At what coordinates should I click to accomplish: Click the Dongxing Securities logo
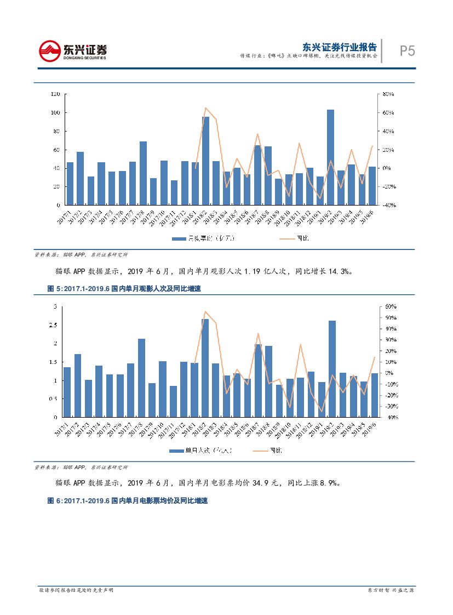point(73,51)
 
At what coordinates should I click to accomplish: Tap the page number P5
point(406,51)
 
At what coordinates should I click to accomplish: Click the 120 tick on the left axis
point(55,94)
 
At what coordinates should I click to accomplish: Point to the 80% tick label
point(388,94)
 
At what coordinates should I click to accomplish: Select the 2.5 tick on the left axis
point(53,325)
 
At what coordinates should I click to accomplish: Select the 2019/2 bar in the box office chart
point(330,157)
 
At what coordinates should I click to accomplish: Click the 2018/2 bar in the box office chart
point(205,161)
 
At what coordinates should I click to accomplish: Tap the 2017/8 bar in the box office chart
point(143,173)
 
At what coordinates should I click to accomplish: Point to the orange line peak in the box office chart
point(205,108)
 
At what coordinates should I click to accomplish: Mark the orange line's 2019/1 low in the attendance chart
point(322,412)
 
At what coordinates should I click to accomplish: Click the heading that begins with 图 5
point(124,289)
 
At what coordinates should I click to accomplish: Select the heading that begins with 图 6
point(128,501)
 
